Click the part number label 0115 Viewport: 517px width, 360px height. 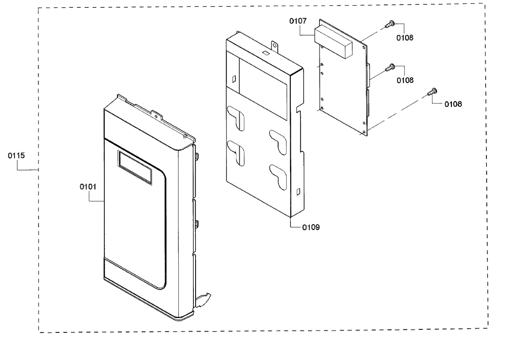tap(16, 156)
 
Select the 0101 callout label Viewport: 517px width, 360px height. tap(88, 187)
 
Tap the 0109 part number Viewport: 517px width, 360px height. tap(311, 227)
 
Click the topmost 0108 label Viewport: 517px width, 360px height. tap(405, 38)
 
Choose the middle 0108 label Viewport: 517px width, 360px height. tap(405, 80)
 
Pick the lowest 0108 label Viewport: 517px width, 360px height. tap(453, 104)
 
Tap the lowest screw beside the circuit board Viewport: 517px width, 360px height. tap(432, 91)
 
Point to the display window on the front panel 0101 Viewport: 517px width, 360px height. tap(135, 168)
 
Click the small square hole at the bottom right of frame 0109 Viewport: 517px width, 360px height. tap(298, 190)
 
